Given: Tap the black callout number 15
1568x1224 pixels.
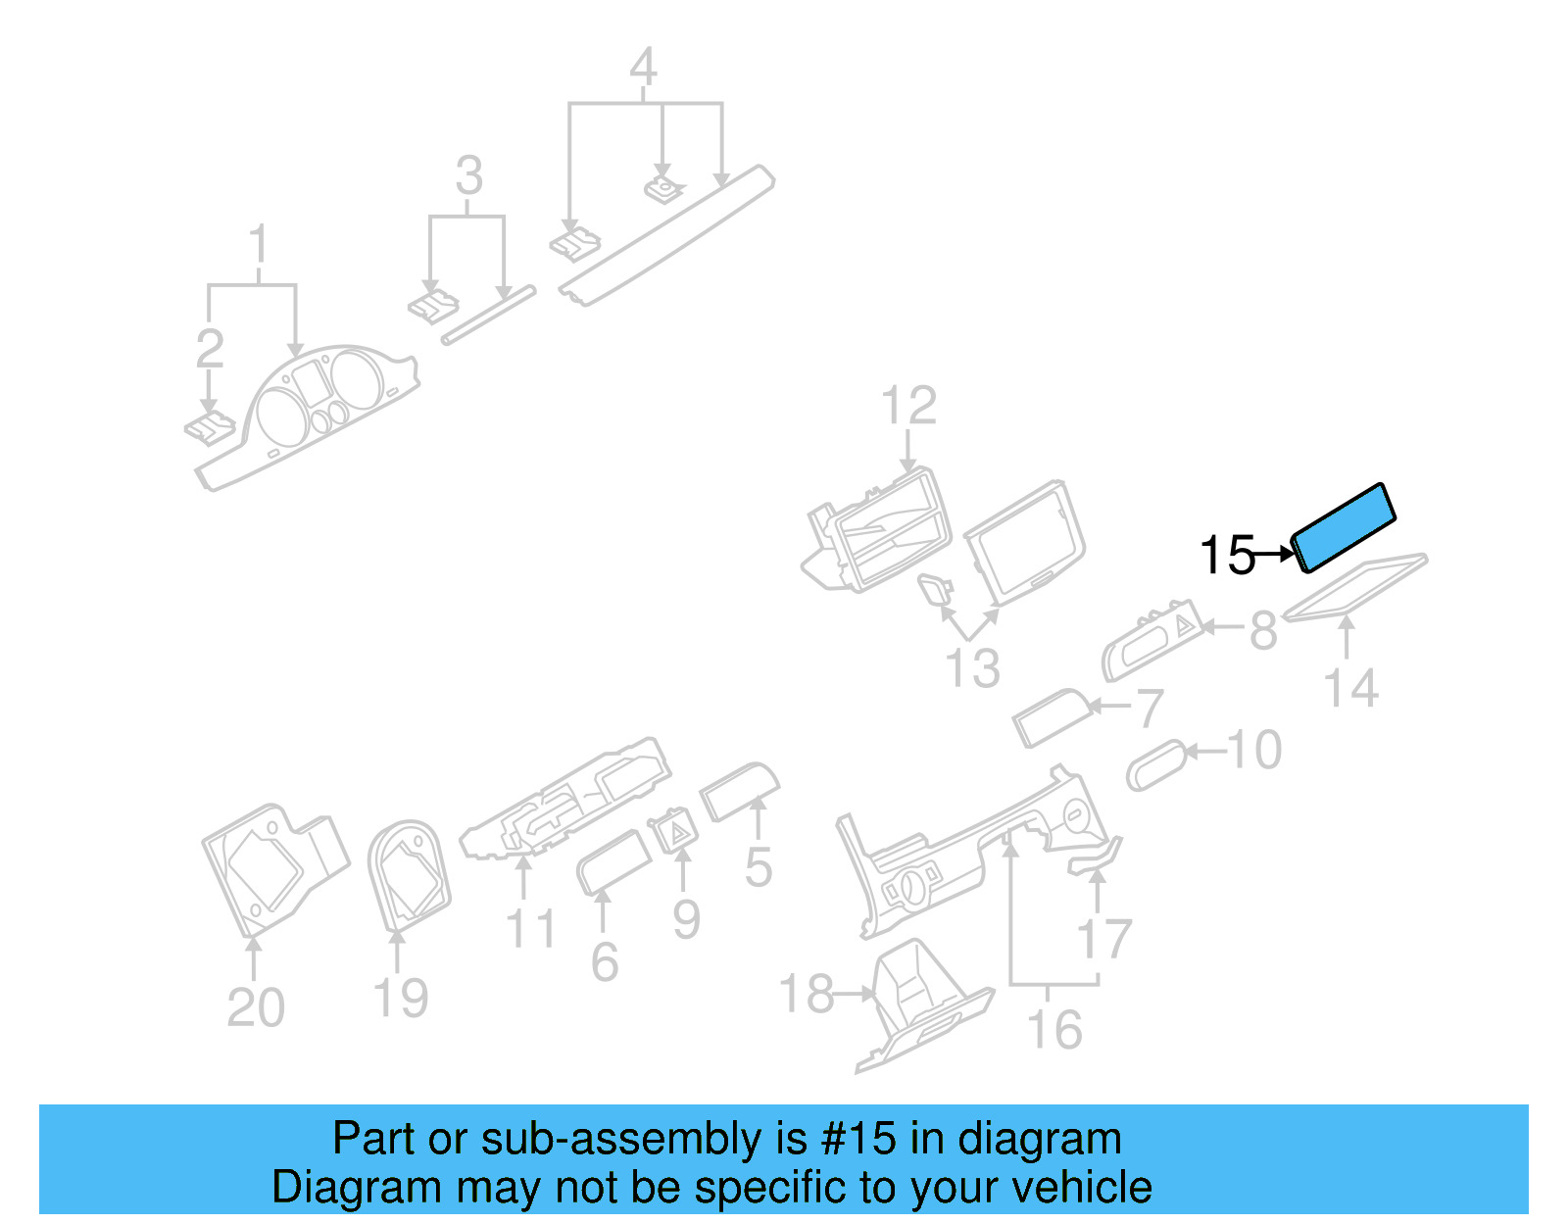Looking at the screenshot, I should [x=1227, y=555].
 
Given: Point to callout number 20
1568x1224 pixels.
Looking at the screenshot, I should [x=255, y=1006].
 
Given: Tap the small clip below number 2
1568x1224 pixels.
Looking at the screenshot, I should [x=210, y=428].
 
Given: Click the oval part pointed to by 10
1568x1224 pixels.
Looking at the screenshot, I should [x=1156, y=764].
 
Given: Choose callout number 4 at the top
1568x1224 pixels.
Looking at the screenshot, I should [x=643, y=67].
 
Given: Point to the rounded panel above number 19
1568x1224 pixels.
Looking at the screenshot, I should [x=409, y=874].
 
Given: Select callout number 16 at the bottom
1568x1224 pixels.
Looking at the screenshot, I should [x=1053, y=1029].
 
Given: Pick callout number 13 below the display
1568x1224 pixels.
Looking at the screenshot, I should [x=972, y=668].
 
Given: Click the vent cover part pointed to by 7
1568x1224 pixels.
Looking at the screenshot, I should [x=1051, y=717].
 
